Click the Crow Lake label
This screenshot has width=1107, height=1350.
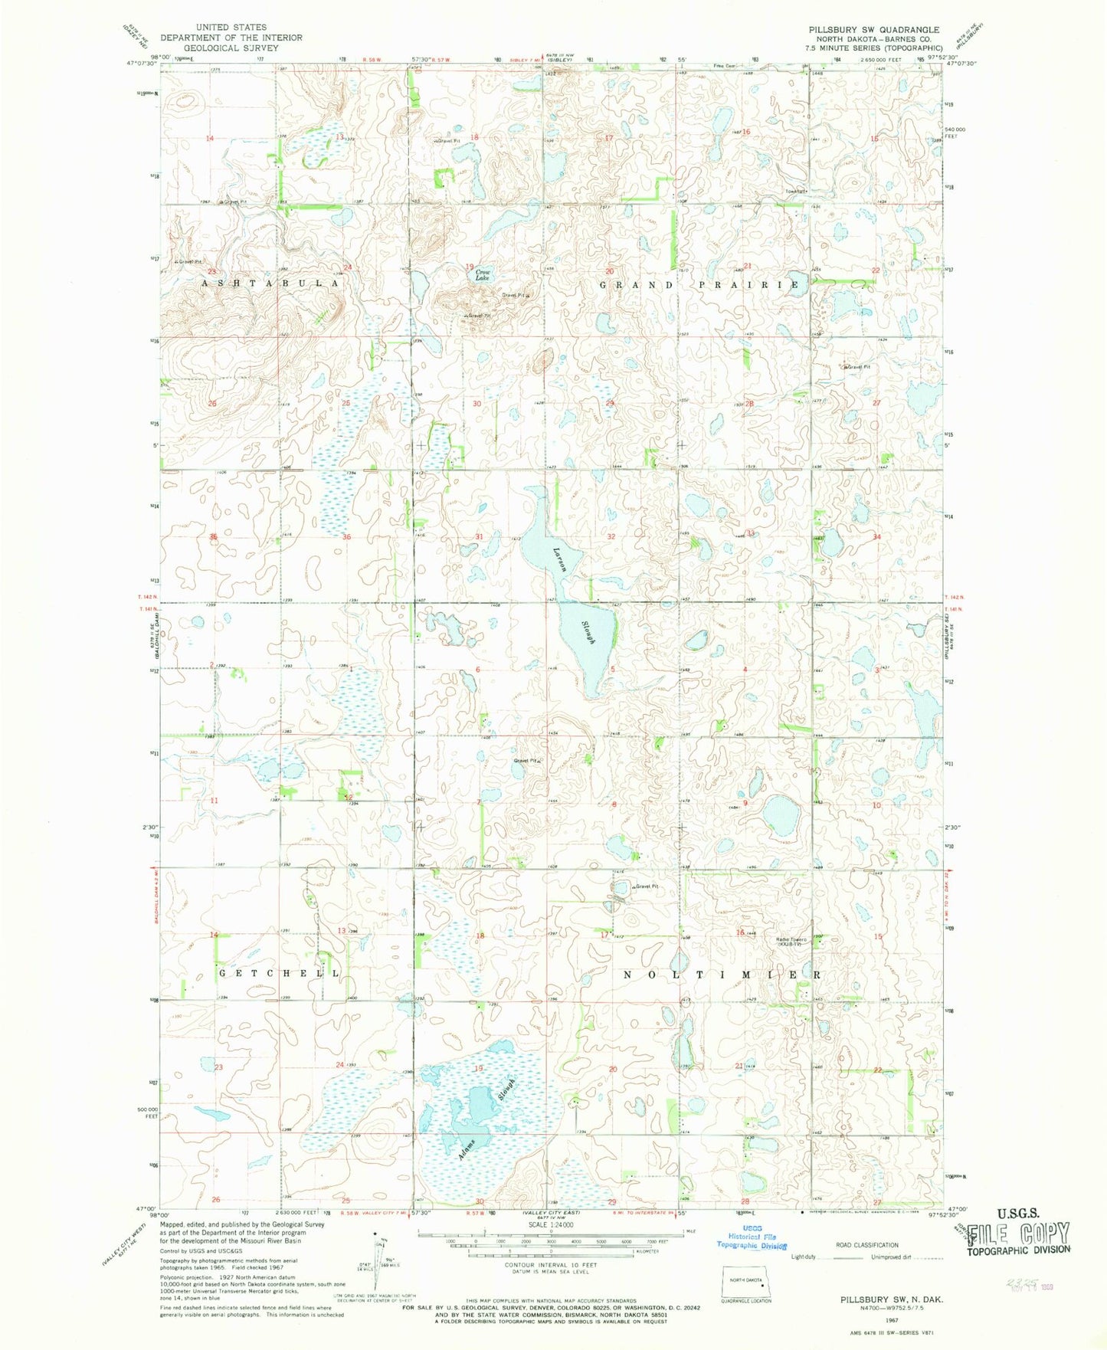click(483, 275)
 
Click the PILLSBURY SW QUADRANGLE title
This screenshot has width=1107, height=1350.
click(873, 30)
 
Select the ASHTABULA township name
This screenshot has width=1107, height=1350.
click(270, 283)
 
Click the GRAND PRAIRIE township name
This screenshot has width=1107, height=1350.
click(699, 285)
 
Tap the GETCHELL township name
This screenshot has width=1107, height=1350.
click(279, 973)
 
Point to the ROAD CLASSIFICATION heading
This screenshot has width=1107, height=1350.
click(867, 1245)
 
